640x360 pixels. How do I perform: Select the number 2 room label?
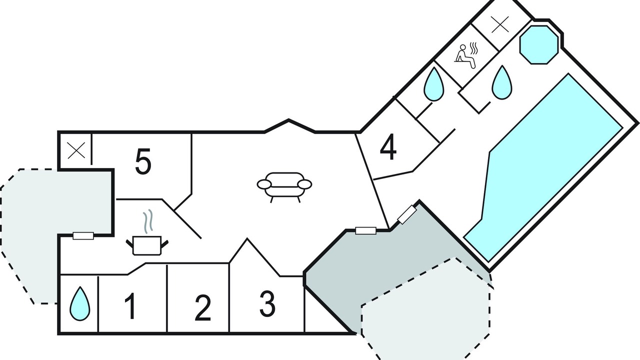203,307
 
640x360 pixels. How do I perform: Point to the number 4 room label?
388,147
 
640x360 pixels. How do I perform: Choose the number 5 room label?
143,161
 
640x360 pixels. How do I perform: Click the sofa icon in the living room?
284,187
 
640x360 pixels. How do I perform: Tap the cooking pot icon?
147,245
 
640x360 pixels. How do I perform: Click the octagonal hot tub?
539,45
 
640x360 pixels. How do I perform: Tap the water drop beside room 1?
79,303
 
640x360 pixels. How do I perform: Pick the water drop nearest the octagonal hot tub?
502,82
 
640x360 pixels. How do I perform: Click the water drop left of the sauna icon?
433,84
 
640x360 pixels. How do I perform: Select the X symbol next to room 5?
76,150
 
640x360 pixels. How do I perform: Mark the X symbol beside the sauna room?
499,24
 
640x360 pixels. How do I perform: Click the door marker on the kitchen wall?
83,235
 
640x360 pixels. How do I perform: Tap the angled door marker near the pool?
407,214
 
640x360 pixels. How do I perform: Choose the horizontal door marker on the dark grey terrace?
365,230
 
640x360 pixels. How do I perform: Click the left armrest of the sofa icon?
264,184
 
